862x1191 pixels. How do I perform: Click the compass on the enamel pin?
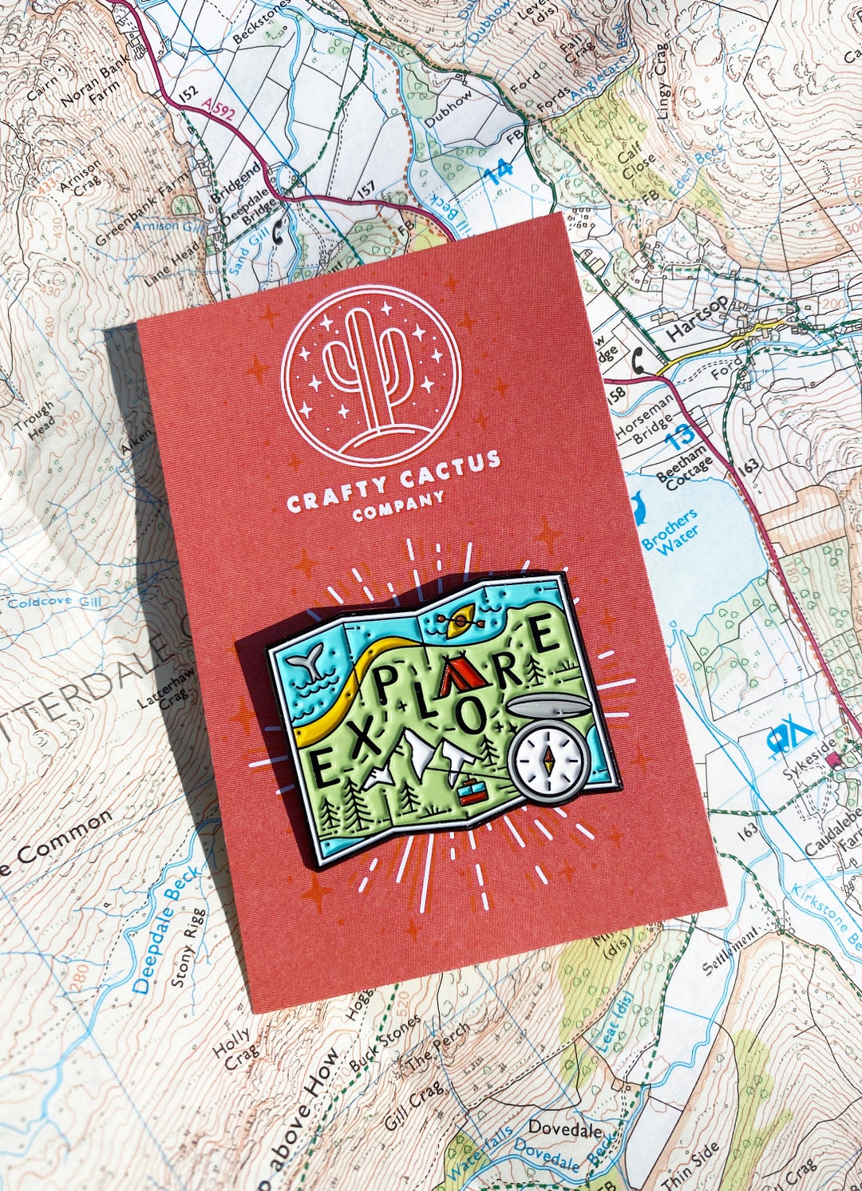coord(548,759)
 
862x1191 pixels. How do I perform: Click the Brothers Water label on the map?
coord(670,534)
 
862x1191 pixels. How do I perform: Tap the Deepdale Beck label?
coord(168,930)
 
